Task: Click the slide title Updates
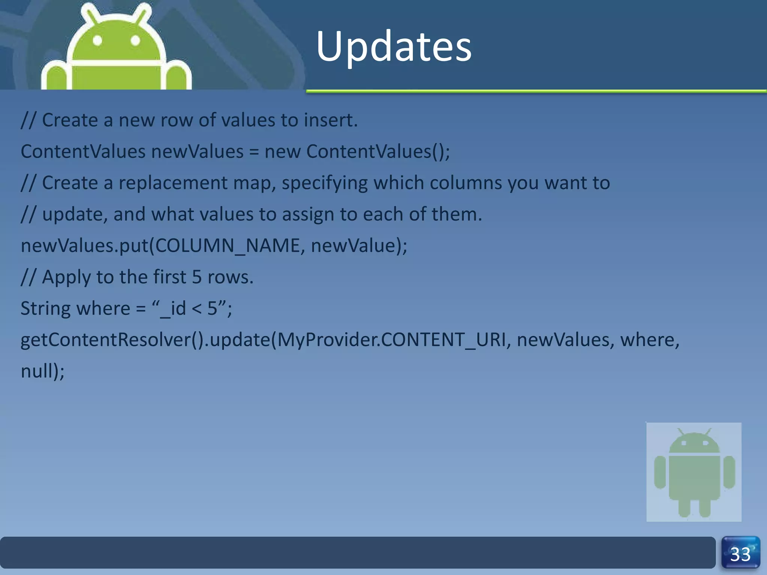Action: (394, 47)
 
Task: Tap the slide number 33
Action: (740, 554)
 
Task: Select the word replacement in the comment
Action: (173, 183)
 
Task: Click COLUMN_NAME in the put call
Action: (227, 246)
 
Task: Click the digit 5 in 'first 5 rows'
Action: (197, 277)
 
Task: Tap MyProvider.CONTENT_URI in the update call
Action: (391, 340)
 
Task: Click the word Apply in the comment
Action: (66, 278)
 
